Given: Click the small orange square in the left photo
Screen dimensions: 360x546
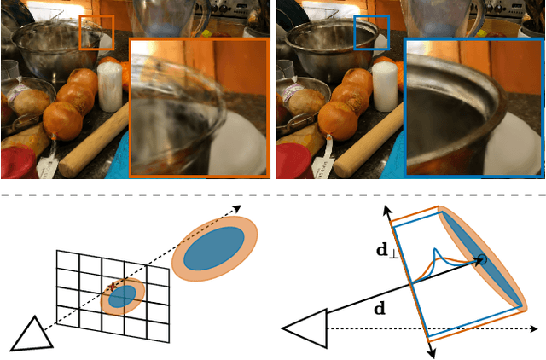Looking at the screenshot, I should pyautogui.click(x=96, y=32).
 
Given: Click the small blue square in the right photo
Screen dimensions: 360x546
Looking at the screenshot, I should pyautogui.click(x=371, y=32).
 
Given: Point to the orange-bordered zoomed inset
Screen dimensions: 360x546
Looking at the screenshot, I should pyautogui.click(x=199, y=107).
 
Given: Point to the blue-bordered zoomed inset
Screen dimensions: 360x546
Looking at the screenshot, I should pyautogui.click(x=474, y=107).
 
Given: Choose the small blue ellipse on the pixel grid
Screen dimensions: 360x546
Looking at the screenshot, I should pyautogui.click(x=123, y=296).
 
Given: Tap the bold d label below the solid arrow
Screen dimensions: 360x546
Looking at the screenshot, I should pyautogui.click(x=380, y=308).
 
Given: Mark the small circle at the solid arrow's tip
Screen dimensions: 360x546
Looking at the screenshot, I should pyautogui.click(x=483, y=259).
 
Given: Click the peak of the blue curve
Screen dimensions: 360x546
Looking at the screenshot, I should pyautogui.click(x=435, y=249).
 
